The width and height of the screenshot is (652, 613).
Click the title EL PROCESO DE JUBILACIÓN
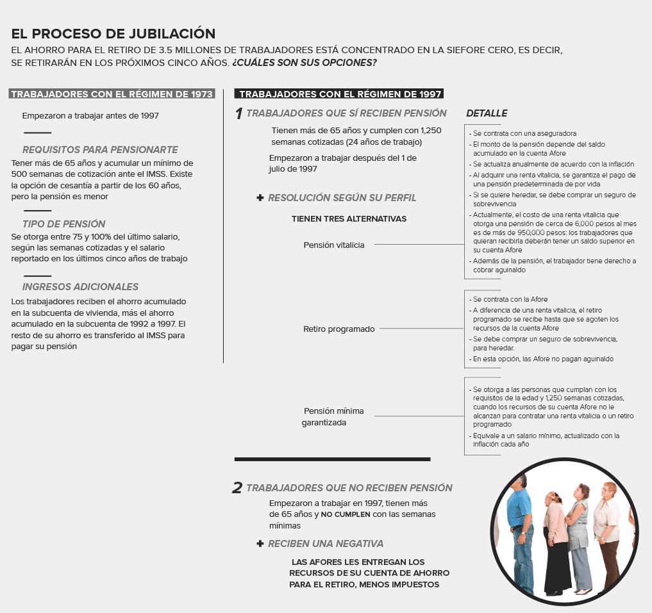(x=113, y=34)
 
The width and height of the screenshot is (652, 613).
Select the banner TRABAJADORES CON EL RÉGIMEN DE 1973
(x=112, y=94)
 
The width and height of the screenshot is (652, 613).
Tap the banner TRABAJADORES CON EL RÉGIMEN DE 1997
(x=340, y=94)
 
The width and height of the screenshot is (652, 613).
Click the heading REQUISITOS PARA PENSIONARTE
(x=100, y=150)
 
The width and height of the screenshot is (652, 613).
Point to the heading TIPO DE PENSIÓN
(x=64, y=224)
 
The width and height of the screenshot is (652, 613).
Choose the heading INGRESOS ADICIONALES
(x=80, y=287)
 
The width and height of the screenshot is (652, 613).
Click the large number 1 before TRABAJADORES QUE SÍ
(x=238, y=114)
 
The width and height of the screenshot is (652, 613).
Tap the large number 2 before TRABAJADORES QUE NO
(x=237, y=488)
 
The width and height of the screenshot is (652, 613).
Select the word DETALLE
(x=487, y=113)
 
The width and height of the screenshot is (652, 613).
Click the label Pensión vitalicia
(x=334, y=245)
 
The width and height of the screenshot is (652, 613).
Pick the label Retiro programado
(x=339, y=329)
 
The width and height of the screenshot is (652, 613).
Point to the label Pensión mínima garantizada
(x=333, y=416)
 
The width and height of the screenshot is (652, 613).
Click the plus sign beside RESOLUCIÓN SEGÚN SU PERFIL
(x=260, y=198)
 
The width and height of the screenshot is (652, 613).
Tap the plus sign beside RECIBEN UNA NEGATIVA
(x=260, y=543)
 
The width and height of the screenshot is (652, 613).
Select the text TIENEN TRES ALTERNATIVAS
(x=349, y=218)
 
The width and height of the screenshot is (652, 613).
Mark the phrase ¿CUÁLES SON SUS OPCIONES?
(x=305, y=63)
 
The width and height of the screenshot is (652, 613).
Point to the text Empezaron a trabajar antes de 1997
(x=90, y=116)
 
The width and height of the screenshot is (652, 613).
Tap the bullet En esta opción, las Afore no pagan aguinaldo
(x=542, y=359)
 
